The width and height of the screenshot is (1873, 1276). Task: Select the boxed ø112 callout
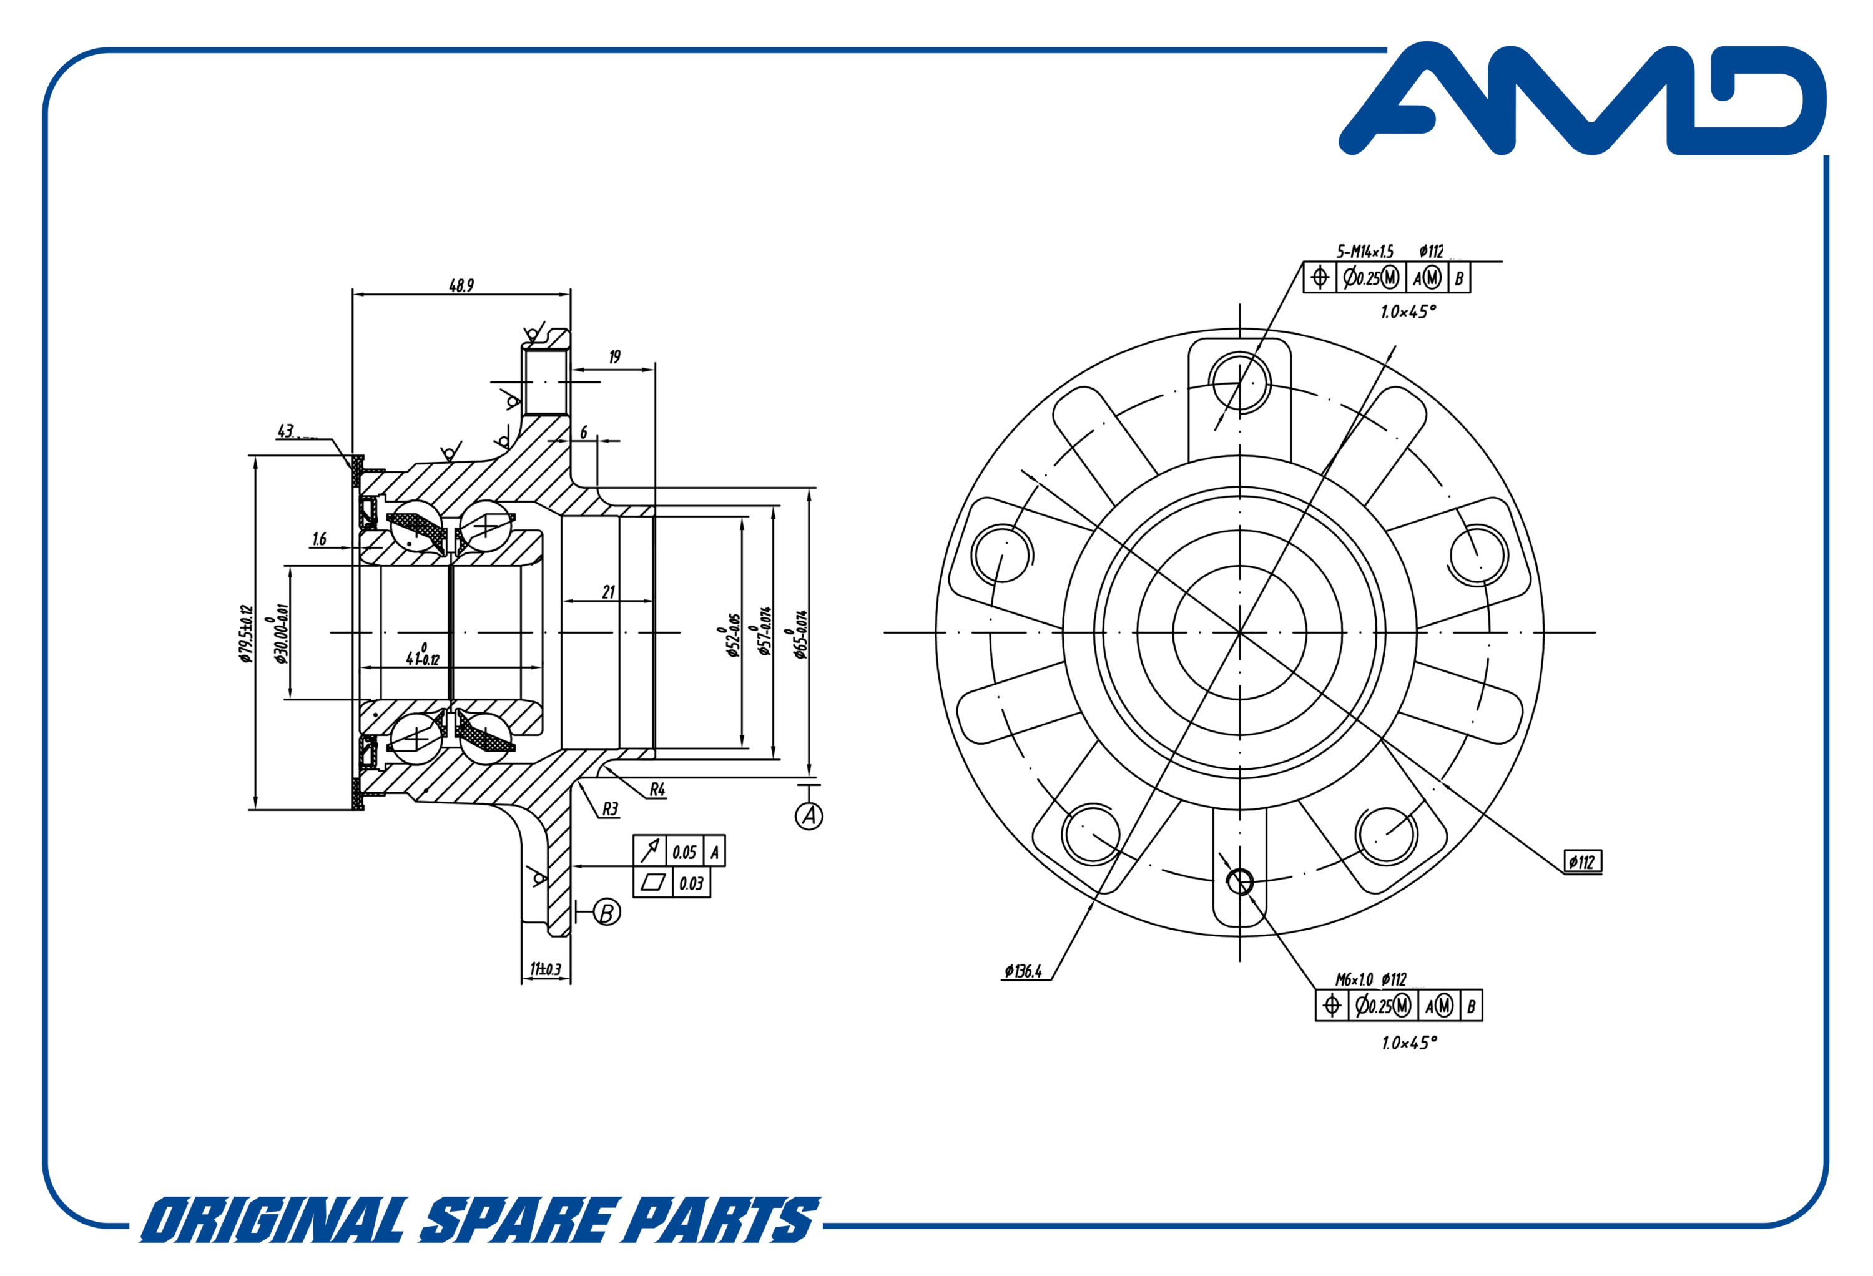click(1582, 863)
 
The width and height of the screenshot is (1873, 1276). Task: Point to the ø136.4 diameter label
click(1023, 972)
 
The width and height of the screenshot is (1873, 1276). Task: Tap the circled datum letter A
click(809, 817)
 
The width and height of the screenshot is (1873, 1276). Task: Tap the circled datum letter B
click(607, 913)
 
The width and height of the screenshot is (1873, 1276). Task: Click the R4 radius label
click(657, 791)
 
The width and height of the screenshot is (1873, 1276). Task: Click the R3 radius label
click(611, 808)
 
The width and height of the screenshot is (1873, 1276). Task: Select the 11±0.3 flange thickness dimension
click(546, 969)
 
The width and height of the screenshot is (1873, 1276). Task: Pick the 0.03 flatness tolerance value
click(691, 883)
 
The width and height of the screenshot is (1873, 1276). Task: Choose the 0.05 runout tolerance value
click(684, 852)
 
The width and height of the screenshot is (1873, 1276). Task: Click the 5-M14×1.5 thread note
click(1365, 252)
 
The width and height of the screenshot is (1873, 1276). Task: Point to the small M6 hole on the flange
click(1239, 882)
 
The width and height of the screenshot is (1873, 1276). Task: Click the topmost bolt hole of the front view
click(1241, 382)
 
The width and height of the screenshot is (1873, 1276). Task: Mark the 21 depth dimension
click(609, 592)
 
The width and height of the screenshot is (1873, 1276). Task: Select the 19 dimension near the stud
click(615, 357)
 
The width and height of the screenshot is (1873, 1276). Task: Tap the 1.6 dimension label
click(319, 539)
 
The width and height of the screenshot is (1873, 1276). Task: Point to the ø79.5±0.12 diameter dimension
click(246, 634)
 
